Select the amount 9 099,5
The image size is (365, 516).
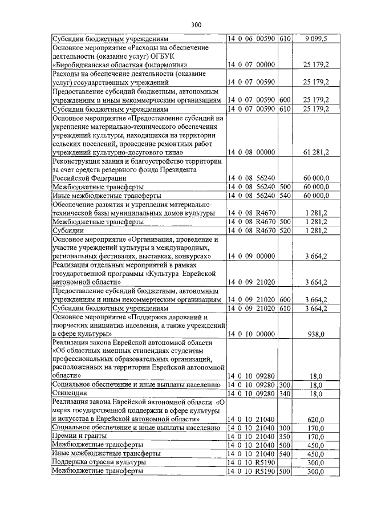317,39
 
